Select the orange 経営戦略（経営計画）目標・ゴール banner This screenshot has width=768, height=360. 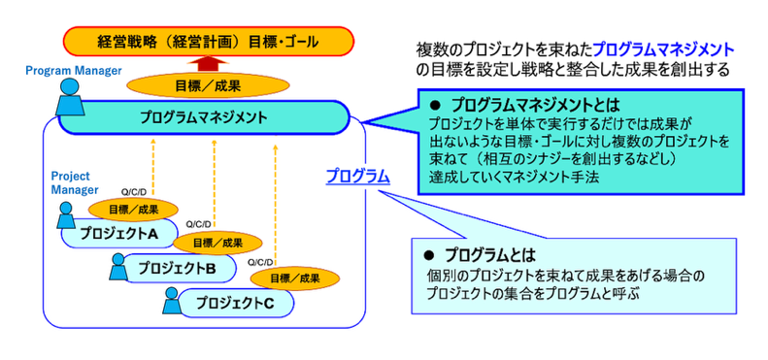click(x=209, y=42)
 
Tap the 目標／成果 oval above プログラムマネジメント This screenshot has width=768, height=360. click(x=208, y=86)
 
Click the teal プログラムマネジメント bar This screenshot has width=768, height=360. click(x=204, y=117)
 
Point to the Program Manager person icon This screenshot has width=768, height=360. click(x=70, y=97)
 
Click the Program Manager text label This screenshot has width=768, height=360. click(x=74, y=71)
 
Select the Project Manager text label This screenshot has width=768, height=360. click(x=75, y=182)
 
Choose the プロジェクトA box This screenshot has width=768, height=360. click(x=119, y=234)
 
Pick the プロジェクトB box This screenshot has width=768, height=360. click(x=179, y=268)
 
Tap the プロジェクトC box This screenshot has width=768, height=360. click(x=236, y=303)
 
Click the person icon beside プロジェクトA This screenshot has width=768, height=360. click(x=66, y=215)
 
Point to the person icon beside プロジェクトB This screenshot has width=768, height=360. click(x=117, y=267)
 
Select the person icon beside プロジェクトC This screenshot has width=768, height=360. click(x=172, y=300)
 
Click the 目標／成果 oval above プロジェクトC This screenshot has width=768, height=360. click(x=295, y=279)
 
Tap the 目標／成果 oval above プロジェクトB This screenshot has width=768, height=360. click(x=217, y=243)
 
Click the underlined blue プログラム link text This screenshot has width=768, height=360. click(x=358, y=176)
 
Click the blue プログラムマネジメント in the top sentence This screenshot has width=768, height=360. click(x=664, y=49)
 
